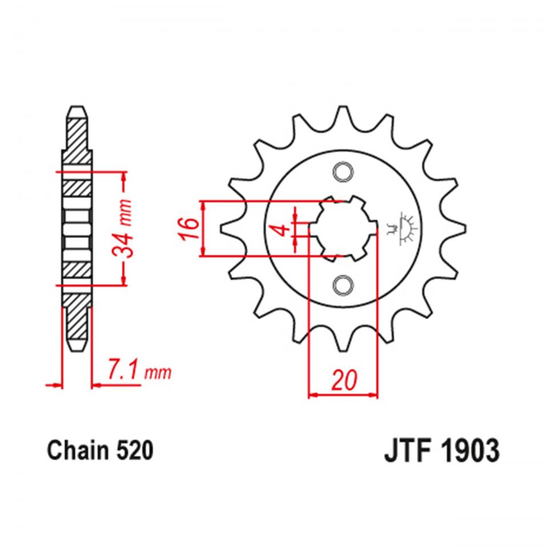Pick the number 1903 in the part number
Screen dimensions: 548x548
pos(469,451)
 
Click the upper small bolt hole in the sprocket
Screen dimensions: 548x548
pos(342,172)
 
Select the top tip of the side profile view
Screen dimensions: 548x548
pos(76,108)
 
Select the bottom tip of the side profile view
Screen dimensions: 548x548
pos(76,348)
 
